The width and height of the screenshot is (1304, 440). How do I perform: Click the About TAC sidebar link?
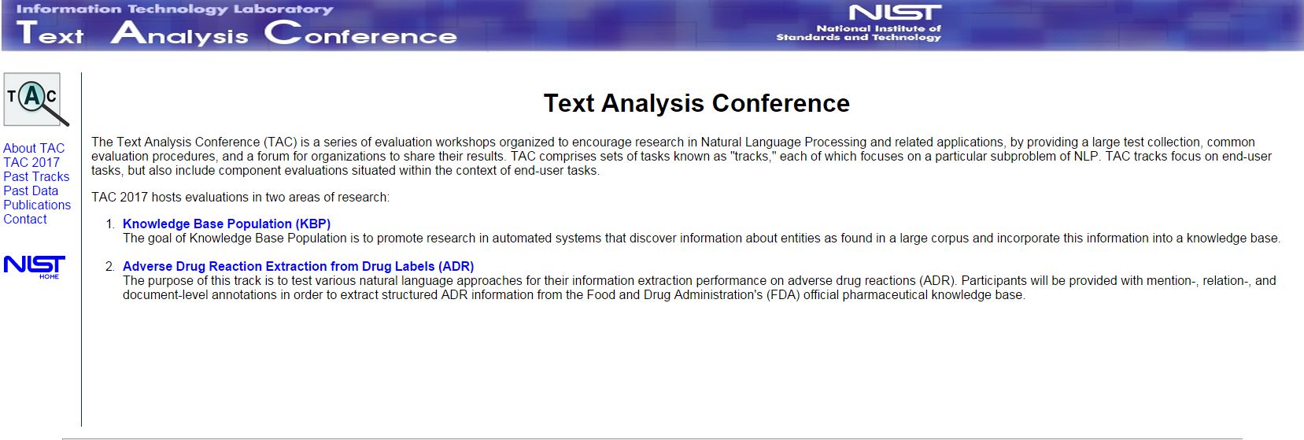click(34, 149)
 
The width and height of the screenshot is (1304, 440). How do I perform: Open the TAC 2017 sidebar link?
click(31, 162)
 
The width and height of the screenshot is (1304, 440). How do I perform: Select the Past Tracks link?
click(36, 176)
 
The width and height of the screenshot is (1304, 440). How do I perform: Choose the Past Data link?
click(31, 191)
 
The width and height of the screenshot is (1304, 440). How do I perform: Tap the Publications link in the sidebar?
click(37, 205)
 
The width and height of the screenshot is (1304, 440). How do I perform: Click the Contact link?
click(25, 220)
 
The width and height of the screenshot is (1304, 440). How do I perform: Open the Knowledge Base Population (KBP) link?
click(227, 224)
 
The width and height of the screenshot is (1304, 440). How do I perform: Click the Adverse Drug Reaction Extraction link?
click(298, 267)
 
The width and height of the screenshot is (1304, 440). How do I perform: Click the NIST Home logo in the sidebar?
click(35, 267)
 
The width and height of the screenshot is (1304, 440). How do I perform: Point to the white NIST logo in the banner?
click(896, 13)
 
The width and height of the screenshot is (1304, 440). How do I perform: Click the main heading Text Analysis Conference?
click(696, 104)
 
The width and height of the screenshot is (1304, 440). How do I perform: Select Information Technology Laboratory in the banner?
click(175, 9)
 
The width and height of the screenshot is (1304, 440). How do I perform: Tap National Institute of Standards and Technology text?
click(859, 32)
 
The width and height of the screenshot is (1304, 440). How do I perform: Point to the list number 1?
click(111, 224)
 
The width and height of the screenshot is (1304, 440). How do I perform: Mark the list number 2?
click(111, 267)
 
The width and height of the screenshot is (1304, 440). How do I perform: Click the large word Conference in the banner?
click(361, 33)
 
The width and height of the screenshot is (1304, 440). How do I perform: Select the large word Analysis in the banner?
click(179, 33)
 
